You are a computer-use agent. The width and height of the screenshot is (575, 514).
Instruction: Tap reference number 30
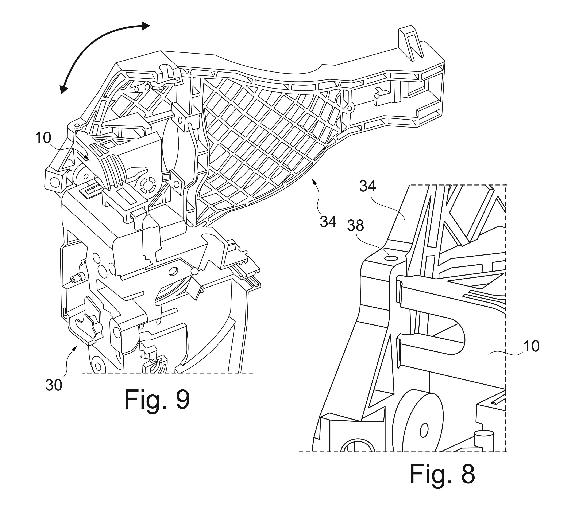(x=54, y=385)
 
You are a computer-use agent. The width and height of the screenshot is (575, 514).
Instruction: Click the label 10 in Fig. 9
(x=43, y=138)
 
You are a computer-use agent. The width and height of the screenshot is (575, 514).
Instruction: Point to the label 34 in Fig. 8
(x=368, y=186)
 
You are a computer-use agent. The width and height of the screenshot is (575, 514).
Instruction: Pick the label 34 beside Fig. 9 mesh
(x=328, y=222)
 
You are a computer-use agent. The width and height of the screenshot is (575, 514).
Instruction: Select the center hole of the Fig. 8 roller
(x=424, y=431)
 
